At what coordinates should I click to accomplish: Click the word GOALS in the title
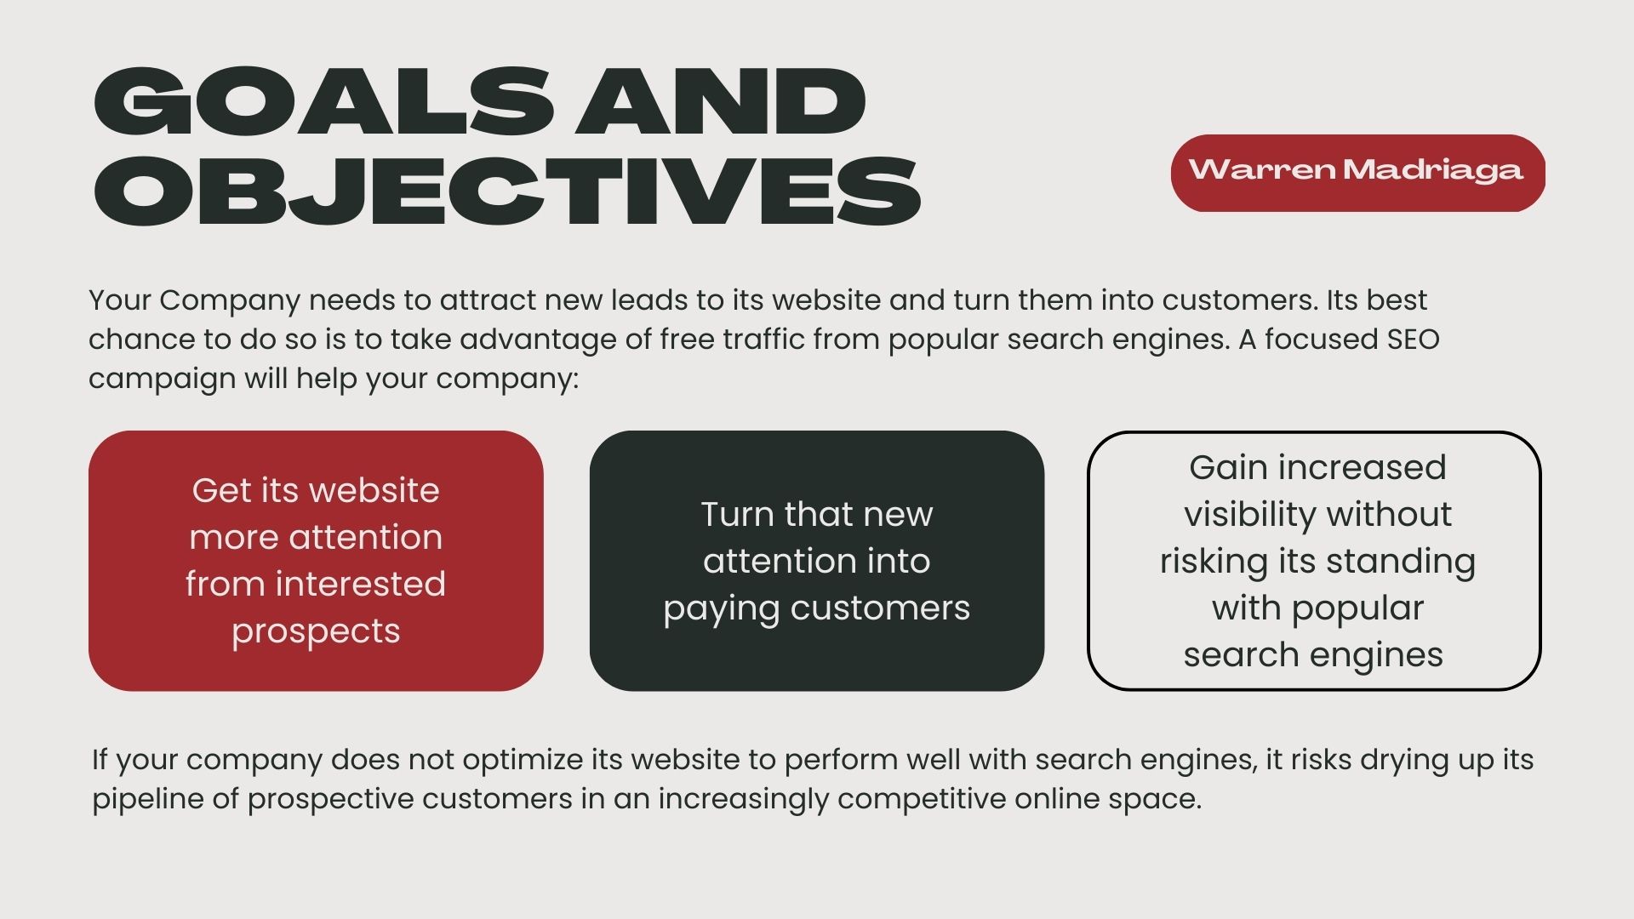point(323,101)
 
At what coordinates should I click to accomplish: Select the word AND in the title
point(721,101)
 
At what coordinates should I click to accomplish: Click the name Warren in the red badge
point(1262,169)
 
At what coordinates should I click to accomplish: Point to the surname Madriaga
point(1433,169)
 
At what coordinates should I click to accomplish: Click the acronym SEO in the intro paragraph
point(1413,339)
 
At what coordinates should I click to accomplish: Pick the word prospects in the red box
point(316,632)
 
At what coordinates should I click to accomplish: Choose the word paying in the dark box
point(721,609)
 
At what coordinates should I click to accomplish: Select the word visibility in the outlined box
point(1249,514)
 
